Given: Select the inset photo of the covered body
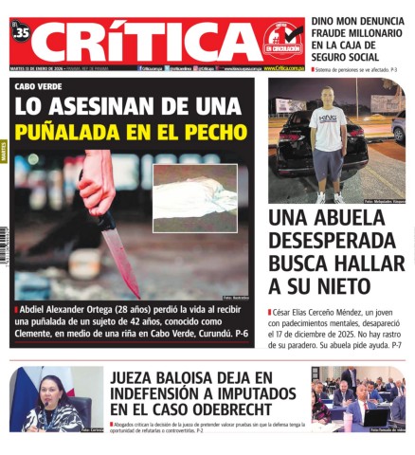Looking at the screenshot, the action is tap(195, 197).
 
